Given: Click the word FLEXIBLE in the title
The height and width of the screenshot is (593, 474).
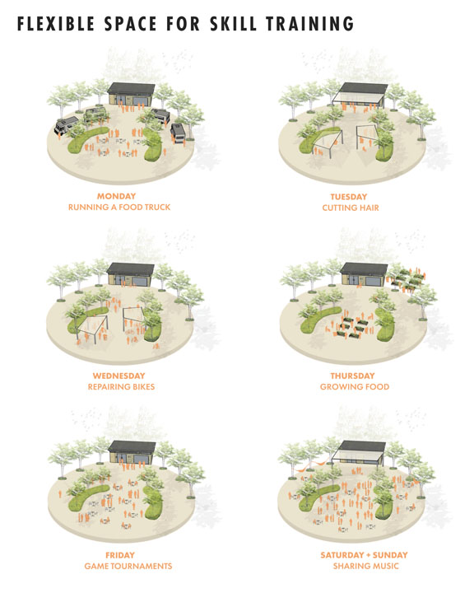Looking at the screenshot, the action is click(x=56, y=23).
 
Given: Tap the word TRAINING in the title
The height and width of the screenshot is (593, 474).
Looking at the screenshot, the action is click(x=309, y=23).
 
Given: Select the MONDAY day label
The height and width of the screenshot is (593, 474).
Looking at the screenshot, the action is click(x=116, y=196).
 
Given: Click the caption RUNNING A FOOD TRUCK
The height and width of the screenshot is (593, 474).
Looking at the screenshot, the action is click(x=119, y=208).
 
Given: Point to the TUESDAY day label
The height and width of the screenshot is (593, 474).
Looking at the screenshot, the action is click(x=349, y=197).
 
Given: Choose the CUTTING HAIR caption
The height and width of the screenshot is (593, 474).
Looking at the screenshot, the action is click(x=351, y=208).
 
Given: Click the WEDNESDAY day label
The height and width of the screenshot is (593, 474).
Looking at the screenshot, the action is click(x=118, y=376).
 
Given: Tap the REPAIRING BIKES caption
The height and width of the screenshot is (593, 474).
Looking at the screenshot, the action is click(x=121, y=387).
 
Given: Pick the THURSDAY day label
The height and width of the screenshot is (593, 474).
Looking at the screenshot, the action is click(x=352, y=376).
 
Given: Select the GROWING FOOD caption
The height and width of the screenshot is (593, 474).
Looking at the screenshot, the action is click(x=355, y=387).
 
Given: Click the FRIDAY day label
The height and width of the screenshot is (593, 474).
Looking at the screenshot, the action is click(x=120, y=555).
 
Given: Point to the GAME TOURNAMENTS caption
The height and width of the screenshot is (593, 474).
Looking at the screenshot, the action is click(x=128, y=566).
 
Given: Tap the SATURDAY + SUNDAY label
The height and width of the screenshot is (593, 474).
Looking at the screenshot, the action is click(x=364, y=555).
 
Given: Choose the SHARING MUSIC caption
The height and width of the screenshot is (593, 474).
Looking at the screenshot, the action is click(x=365, y=566).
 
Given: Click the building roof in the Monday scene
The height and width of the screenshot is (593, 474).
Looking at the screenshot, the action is click(x=131, y=89).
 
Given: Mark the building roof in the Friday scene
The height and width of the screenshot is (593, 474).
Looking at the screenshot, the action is click(x=132, y=446).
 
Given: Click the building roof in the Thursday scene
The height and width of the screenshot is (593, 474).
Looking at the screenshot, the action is click(x=364, y=268).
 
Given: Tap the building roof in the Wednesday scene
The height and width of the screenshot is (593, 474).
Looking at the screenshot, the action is click(x=130, y=268).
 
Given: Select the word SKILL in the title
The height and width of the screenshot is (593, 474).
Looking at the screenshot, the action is click(x=233, y=23).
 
